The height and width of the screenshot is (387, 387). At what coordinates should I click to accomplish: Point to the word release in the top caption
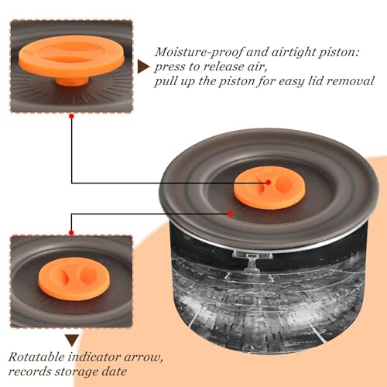(x=223, y=67)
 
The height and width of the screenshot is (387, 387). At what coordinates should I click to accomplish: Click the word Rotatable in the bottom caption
(x=36, y=358)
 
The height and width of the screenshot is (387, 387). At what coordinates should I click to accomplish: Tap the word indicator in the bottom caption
(x=94, y=358)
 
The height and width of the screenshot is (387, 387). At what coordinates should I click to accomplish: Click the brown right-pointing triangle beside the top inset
(x=142, y=67)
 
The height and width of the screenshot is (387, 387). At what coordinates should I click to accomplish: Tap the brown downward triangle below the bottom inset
(x=72, y=341)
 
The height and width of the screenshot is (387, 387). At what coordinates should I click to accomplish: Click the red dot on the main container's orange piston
(x=269, y=183)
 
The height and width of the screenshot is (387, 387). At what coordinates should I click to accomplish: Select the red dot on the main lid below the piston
(x=230, y=214)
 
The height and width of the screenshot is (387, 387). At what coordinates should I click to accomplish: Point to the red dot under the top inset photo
(x=71, y=116)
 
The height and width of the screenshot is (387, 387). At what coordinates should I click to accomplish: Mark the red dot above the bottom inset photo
(x=71, y=233)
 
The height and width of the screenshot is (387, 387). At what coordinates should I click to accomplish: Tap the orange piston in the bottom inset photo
(x=74, y=279)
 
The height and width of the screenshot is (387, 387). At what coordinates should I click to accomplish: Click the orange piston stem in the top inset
(x=72, y=81)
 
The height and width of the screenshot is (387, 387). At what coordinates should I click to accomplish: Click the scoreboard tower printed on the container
(x=252, y=261)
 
